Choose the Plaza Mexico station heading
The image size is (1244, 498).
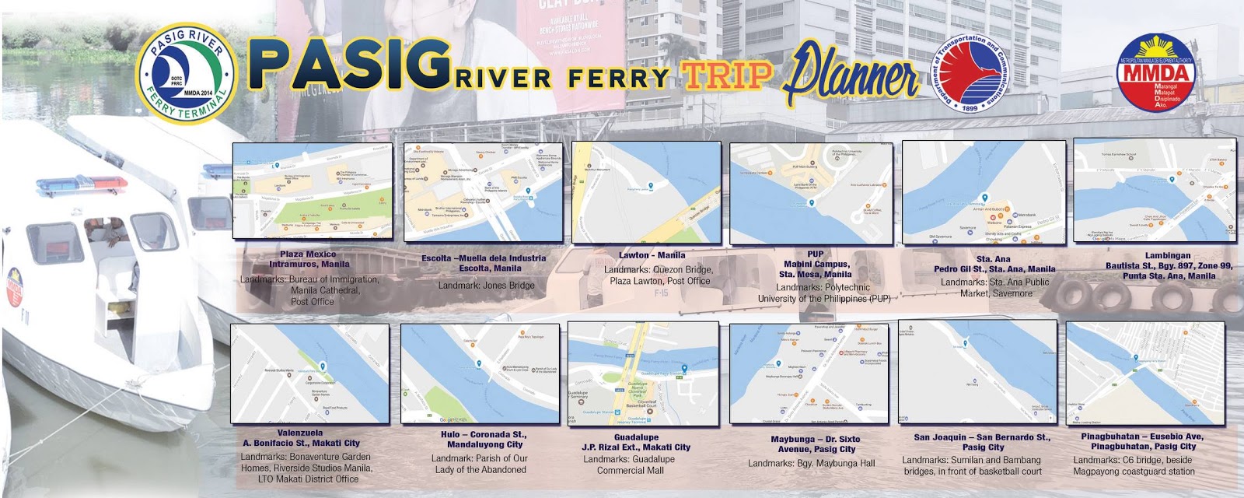tap(309, 254)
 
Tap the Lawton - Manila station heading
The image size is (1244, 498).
tap(652, 254)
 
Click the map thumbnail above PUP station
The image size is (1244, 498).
tap(811, 193)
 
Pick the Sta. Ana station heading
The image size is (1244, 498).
tap(994, 259)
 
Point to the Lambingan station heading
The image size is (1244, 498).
tap(1168, 255)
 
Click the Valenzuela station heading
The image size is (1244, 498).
tap(300, 433)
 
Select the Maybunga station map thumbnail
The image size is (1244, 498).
tap(809, 374)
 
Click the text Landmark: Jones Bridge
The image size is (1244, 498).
tap(486, 286)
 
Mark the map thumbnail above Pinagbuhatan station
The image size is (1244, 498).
tap(1144, 373)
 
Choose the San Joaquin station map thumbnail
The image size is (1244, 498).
tap(977, 373)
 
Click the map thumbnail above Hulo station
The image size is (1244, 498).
tap(480, 374)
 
